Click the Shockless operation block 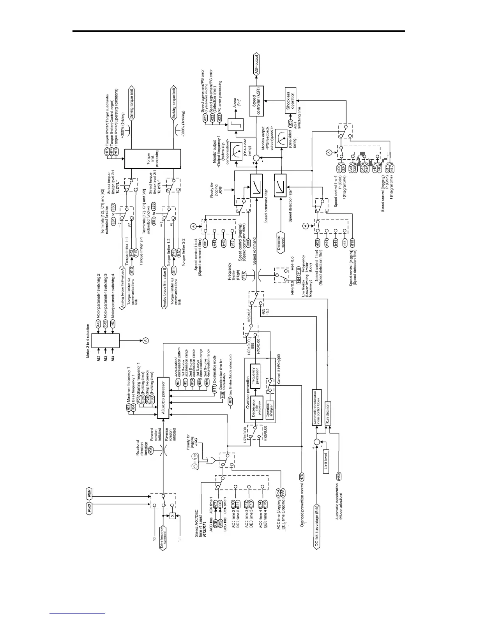click(290, 100)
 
